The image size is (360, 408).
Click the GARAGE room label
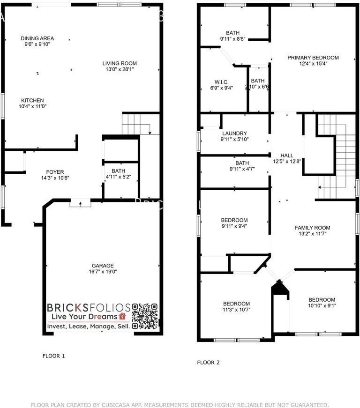(102, 266)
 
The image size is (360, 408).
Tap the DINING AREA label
(37, 38)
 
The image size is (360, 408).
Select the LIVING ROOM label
(120, 63)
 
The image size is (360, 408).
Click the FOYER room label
(55, 172)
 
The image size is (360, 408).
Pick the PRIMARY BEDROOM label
(313, 58)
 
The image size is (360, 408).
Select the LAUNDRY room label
(234, 134)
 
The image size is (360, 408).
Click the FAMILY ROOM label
(313, 228)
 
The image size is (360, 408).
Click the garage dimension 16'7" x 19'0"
(102, 272)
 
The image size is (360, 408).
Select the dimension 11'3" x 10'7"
(236, 310)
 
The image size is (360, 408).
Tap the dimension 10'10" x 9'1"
(322, 306)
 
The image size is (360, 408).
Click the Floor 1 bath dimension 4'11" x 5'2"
(118, 177)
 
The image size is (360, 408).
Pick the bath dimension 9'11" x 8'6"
(232, 39)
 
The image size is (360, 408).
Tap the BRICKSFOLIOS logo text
(88, 307)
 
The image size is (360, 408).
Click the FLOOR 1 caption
(53, 356)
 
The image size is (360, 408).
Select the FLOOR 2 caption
(208, 362)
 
